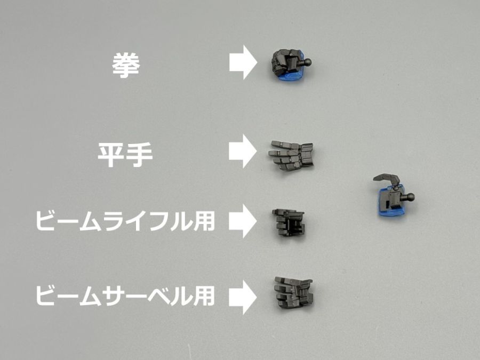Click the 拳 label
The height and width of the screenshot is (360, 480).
pos(125,65)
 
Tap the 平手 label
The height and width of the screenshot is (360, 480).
pos(125,156)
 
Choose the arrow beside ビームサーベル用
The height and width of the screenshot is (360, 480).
pos(243,294)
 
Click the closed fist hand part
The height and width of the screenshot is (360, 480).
pos(288,66)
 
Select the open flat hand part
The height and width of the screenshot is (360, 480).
pos(291,155)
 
